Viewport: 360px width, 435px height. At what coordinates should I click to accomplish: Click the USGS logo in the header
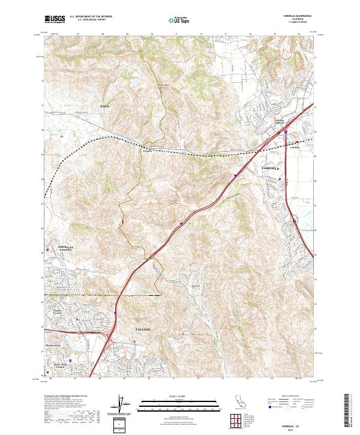click(x=55, y=20)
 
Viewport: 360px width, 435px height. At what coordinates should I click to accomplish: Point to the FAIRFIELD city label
click(x=271, y=169)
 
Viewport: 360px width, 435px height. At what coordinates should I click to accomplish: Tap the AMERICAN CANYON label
click(x=65, y=249)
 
